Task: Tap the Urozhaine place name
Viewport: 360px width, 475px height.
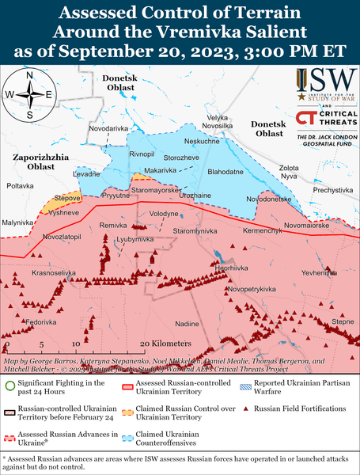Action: [x=195, y=194]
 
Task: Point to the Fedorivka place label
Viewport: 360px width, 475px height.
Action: [x=41, y=323]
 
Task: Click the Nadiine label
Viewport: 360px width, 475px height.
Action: [x=187, y=324]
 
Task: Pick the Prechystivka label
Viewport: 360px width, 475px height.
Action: [x=332, y=190]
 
